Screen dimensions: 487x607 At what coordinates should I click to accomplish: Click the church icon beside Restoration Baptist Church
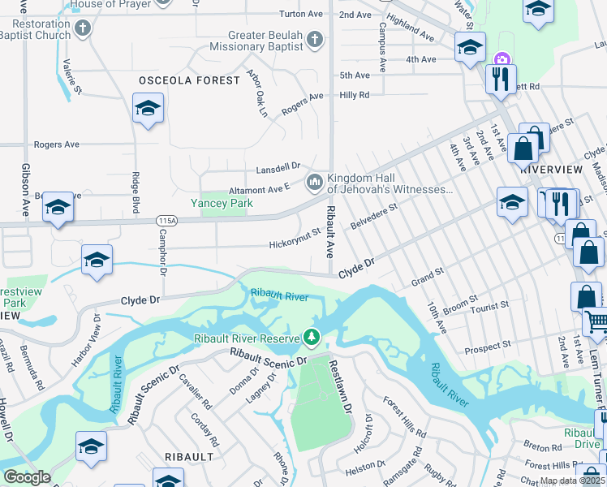82,30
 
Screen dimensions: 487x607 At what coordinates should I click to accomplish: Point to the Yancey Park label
217,203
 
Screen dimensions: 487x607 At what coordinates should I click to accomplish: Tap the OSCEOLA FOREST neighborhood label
189,80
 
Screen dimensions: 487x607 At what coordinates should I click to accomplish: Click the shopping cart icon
595,322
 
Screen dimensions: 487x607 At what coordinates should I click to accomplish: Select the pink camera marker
502,58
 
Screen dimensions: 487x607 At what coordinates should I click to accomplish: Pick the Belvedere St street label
373,217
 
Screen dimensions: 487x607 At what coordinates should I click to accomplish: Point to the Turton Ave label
300,15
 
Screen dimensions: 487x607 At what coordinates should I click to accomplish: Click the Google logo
26,477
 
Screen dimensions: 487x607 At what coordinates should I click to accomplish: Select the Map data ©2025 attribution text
572,481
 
